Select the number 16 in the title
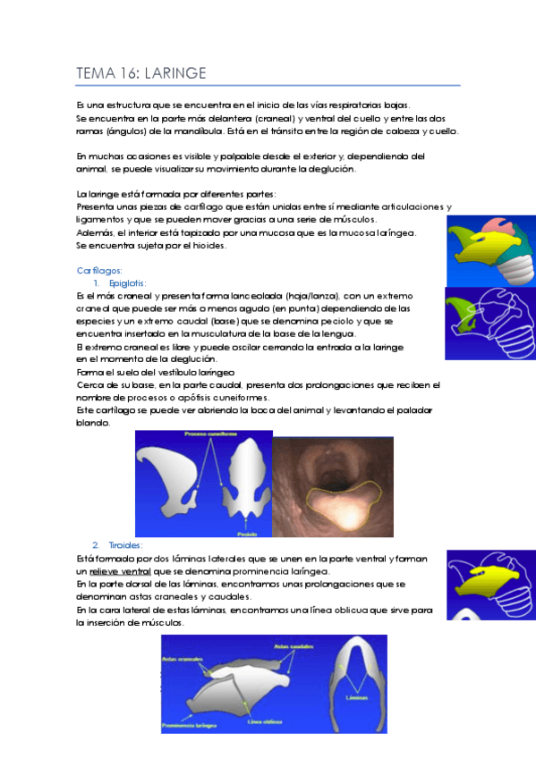127,72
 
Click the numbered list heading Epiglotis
129,282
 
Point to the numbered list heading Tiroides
126,545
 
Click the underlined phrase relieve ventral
120,570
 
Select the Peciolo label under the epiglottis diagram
249,531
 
